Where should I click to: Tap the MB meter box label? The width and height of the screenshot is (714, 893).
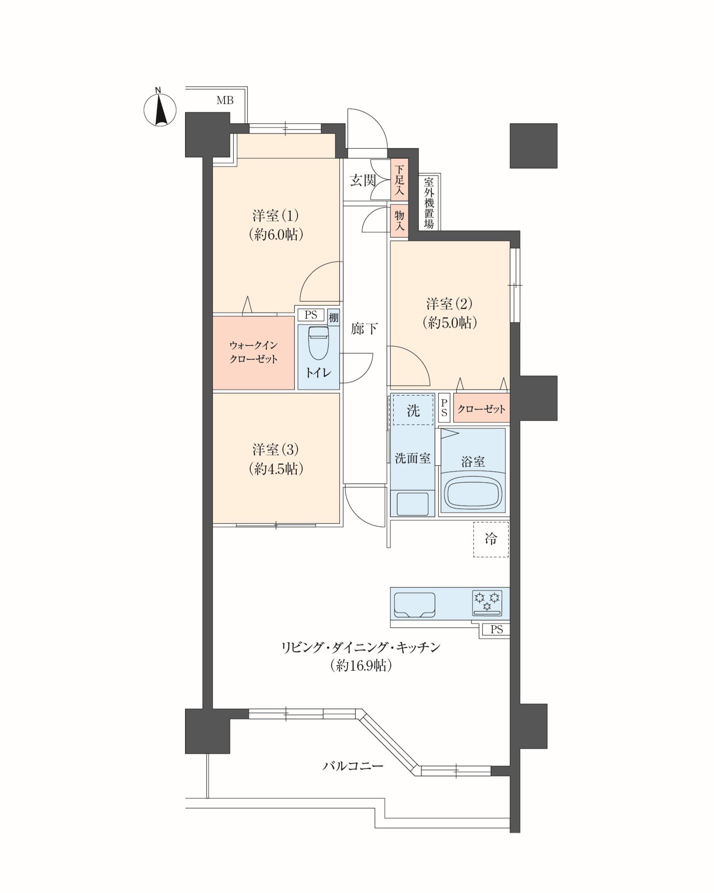tap(225, 101)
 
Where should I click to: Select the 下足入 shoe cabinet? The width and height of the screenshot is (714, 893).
tap(399, 180)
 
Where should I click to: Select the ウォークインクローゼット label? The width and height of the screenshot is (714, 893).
tap(253, 352)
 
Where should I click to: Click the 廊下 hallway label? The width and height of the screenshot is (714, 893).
tap(364, 328)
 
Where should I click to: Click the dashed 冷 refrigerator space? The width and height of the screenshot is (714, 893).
tap(491, 539)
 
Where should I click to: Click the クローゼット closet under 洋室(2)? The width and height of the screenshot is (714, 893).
tap(481, 408)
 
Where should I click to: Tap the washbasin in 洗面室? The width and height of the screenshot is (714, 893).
tap(413, 504)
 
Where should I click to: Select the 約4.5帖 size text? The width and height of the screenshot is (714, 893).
tap(276, 469)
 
